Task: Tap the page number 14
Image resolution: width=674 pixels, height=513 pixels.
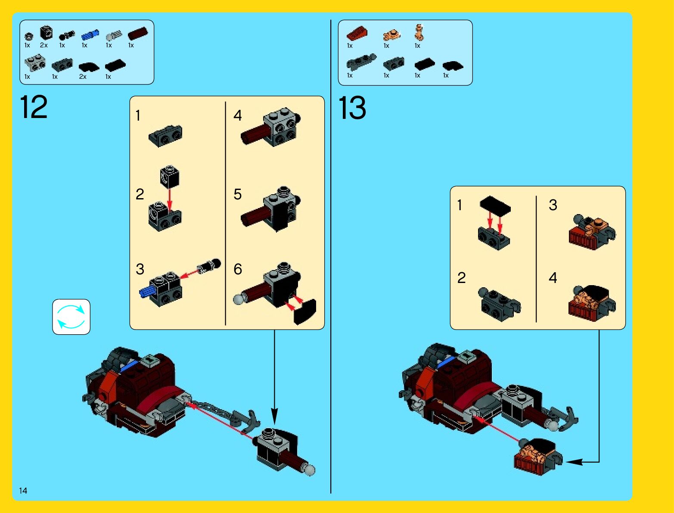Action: [x=23, y=491]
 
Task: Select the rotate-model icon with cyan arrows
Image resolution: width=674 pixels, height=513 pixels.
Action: [x=71, y=317]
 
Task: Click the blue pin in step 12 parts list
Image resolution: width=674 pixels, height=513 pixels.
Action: [x=90, y=35]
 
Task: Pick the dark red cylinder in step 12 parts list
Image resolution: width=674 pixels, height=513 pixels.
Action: [x=137, y=33]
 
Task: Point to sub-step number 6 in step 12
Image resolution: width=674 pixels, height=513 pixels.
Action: [x=238, y=269]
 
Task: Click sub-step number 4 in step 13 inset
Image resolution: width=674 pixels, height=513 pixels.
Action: [x=553, y=278]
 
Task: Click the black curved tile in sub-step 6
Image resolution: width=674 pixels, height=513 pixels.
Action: [x=305, y=311]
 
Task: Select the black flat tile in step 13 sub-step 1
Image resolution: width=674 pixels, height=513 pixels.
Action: [x=495, y=205]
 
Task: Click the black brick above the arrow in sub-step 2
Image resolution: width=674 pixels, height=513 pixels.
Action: [x=170, y=177]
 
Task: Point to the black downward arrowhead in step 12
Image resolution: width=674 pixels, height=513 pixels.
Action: [x=274, y=417]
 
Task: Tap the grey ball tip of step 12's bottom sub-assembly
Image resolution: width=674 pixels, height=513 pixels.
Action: [x=310, y=470]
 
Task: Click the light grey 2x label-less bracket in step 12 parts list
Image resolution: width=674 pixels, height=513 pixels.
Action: [x=35, y=62]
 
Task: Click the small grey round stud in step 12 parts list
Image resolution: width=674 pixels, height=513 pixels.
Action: [x=28, y=37]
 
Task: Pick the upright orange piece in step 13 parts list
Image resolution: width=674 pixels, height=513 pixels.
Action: [x=419, y=32]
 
